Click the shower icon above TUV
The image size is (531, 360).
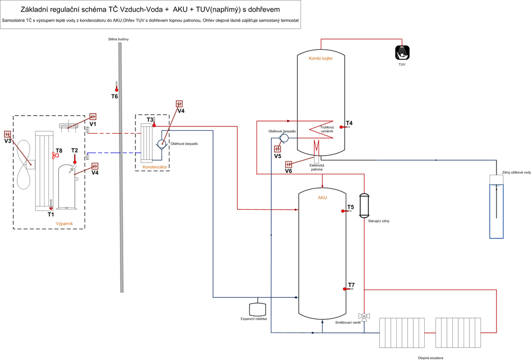click(402, 53)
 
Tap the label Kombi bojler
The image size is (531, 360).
click(321, 58)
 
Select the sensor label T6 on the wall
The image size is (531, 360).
click(114, 96)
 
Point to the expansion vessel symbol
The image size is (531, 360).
click(258, 309)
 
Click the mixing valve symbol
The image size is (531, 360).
click(364, 316)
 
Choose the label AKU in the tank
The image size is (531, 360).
click(322, 198)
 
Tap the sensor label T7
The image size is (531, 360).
click(351, 285)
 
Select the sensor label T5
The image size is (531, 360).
click(350, 207)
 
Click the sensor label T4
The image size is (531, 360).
click(349, 123)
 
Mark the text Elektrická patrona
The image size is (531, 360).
click(316, 167)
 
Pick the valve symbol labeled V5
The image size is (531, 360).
click(277, 149)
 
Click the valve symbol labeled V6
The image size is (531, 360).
click(288, 165)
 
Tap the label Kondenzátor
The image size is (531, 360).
click(156, 167)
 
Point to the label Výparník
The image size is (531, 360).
click(64, 224)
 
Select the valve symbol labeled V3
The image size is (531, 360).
click(7, 134)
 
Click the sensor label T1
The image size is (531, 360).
click(50, 215)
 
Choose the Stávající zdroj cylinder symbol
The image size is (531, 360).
click(364, 205)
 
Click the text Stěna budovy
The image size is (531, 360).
click(118, 39)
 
